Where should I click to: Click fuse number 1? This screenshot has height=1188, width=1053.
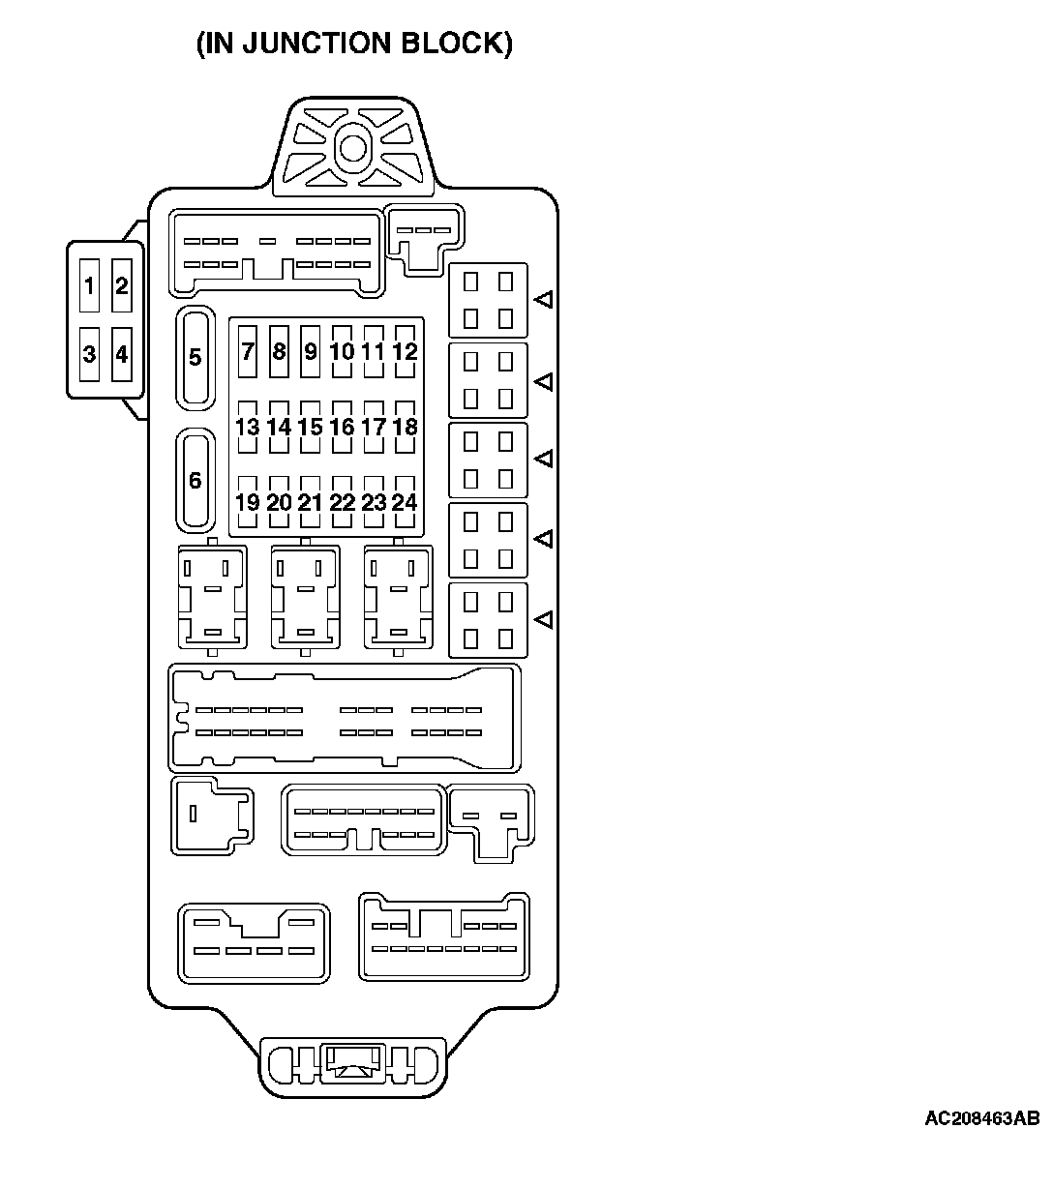[x=89, y=286]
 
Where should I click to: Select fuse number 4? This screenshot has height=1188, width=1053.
[x=122, y=354]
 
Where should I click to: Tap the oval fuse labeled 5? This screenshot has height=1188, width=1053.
[x=196, y=357]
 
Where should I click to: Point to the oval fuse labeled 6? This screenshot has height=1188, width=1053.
[x=196, y=480]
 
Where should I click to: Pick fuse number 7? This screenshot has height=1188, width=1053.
[x=248, y=352]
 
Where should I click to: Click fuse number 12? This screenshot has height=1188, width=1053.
[x=405, y=352]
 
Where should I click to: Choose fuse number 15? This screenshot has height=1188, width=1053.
[x=310, y=427]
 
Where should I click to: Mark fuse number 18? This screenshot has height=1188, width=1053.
[x=405, y=427]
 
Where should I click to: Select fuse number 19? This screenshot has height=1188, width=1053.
[x=248, y=502]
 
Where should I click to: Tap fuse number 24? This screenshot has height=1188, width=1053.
[x=405, y=502]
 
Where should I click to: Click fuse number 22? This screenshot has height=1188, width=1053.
[x=342, y=502]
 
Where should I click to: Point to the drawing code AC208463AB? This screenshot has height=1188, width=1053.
[x=981, y=1118]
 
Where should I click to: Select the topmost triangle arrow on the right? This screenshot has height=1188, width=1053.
[x=545, y=300]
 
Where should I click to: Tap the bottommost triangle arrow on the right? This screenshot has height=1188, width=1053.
[x=545, y=618]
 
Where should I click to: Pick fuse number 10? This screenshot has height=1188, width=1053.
[x=342, y=352]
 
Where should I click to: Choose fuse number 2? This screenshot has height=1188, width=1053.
[x=122, y=286]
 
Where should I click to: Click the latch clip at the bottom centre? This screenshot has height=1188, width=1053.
[x=353, y=1064]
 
